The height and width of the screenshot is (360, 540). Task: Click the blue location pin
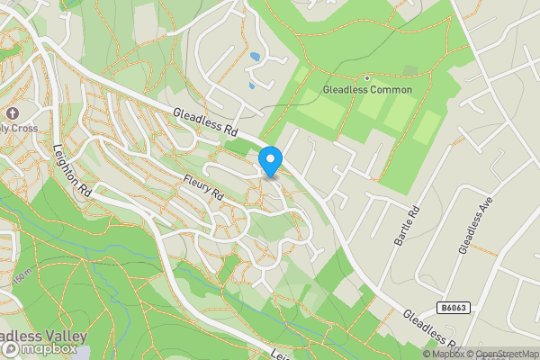click(270, 160)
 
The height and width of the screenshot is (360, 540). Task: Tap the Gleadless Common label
click(367, 90)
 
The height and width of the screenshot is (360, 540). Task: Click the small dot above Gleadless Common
click(367, 77)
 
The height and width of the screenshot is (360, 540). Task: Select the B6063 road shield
click(454, 308)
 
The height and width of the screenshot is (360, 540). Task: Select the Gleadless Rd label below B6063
click(431, 331)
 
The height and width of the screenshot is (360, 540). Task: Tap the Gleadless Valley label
click(43, 336)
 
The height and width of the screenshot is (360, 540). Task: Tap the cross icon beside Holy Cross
click(13, 114)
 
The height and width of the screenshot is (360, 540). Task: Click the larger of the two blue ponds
click(256, 57)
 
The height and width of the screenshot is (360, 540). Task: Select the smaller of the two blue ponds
click(250, 86)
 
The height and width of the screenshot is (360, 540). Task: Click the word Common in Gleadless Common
click(391, 90)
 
